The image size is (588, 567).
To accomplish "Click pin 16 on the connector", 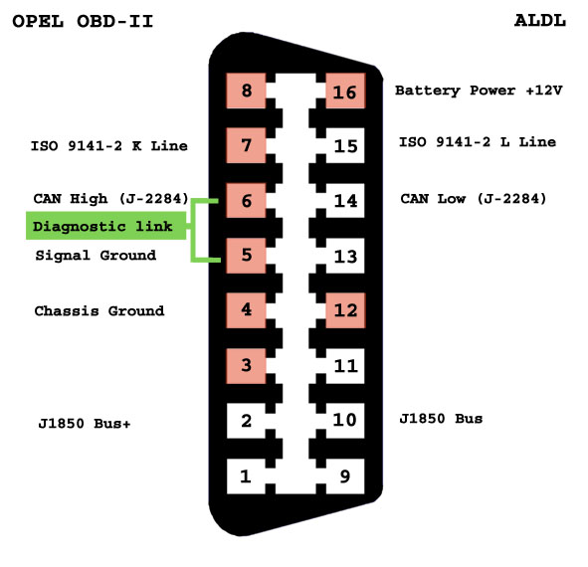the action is [x=345, y=92].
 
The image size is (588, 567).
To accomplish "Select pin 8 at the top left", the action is [x=246, y=92].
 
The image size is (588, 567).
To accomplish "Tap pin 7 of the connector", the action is [x=246, y=145].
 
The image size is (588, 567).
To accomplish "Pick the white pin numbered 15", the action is [x=345, y=145].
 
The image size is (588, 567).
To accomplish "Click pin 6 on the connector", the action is [x=246, y=201].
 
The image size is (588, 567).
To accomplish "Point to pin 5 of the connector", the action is [x=246, y=256].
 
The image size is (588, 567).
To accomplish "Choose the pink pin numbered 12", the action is [x=345, y=310].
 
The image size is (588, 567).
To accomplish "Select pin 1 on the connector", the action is [x=246, y=476].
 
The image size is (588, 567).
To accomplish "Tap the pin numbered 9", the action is [x=345, y=476].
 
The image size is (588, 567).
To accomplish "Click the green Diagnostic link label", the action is [x=105, y=226].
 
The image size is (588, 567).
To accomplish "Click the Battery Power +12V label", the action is [x=479, y=91].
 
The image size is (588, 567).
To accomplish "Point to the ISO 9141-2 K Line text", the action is [x=109, y=145].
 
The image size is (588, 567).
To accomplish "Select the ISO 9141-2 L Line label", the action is [x=478, y=141].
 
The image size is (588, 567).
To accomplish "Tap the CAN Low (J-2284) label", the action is [x=474, y=198].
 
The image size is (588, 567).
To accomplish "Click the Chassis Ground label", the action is [x=99, y=310].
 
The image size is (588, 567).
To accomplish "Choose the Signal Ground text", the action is [x=96, y=255].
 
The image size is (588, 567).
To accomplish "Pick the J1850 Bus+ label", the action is [x=85, y=423].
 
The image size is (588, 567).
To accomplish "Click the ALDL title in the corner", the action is [x=540, y=21].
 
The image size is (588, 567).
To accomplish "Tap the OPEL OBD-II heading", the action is [x=83, y=21].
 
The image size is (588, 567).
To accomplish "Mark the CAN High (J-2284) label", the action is [x=111, y=198].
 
